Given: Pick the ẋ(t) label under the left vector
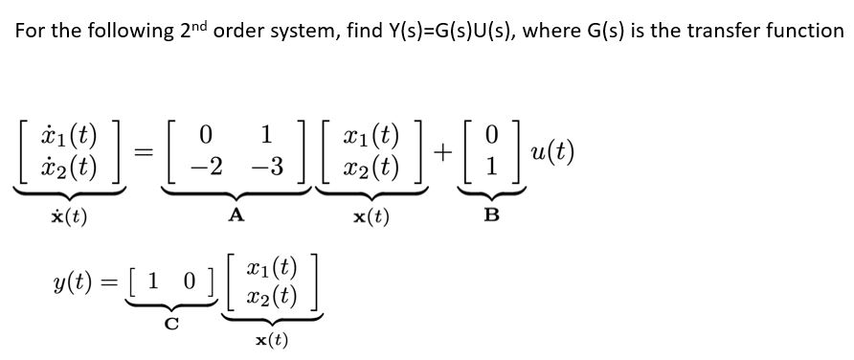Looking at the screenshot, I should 68,216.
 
